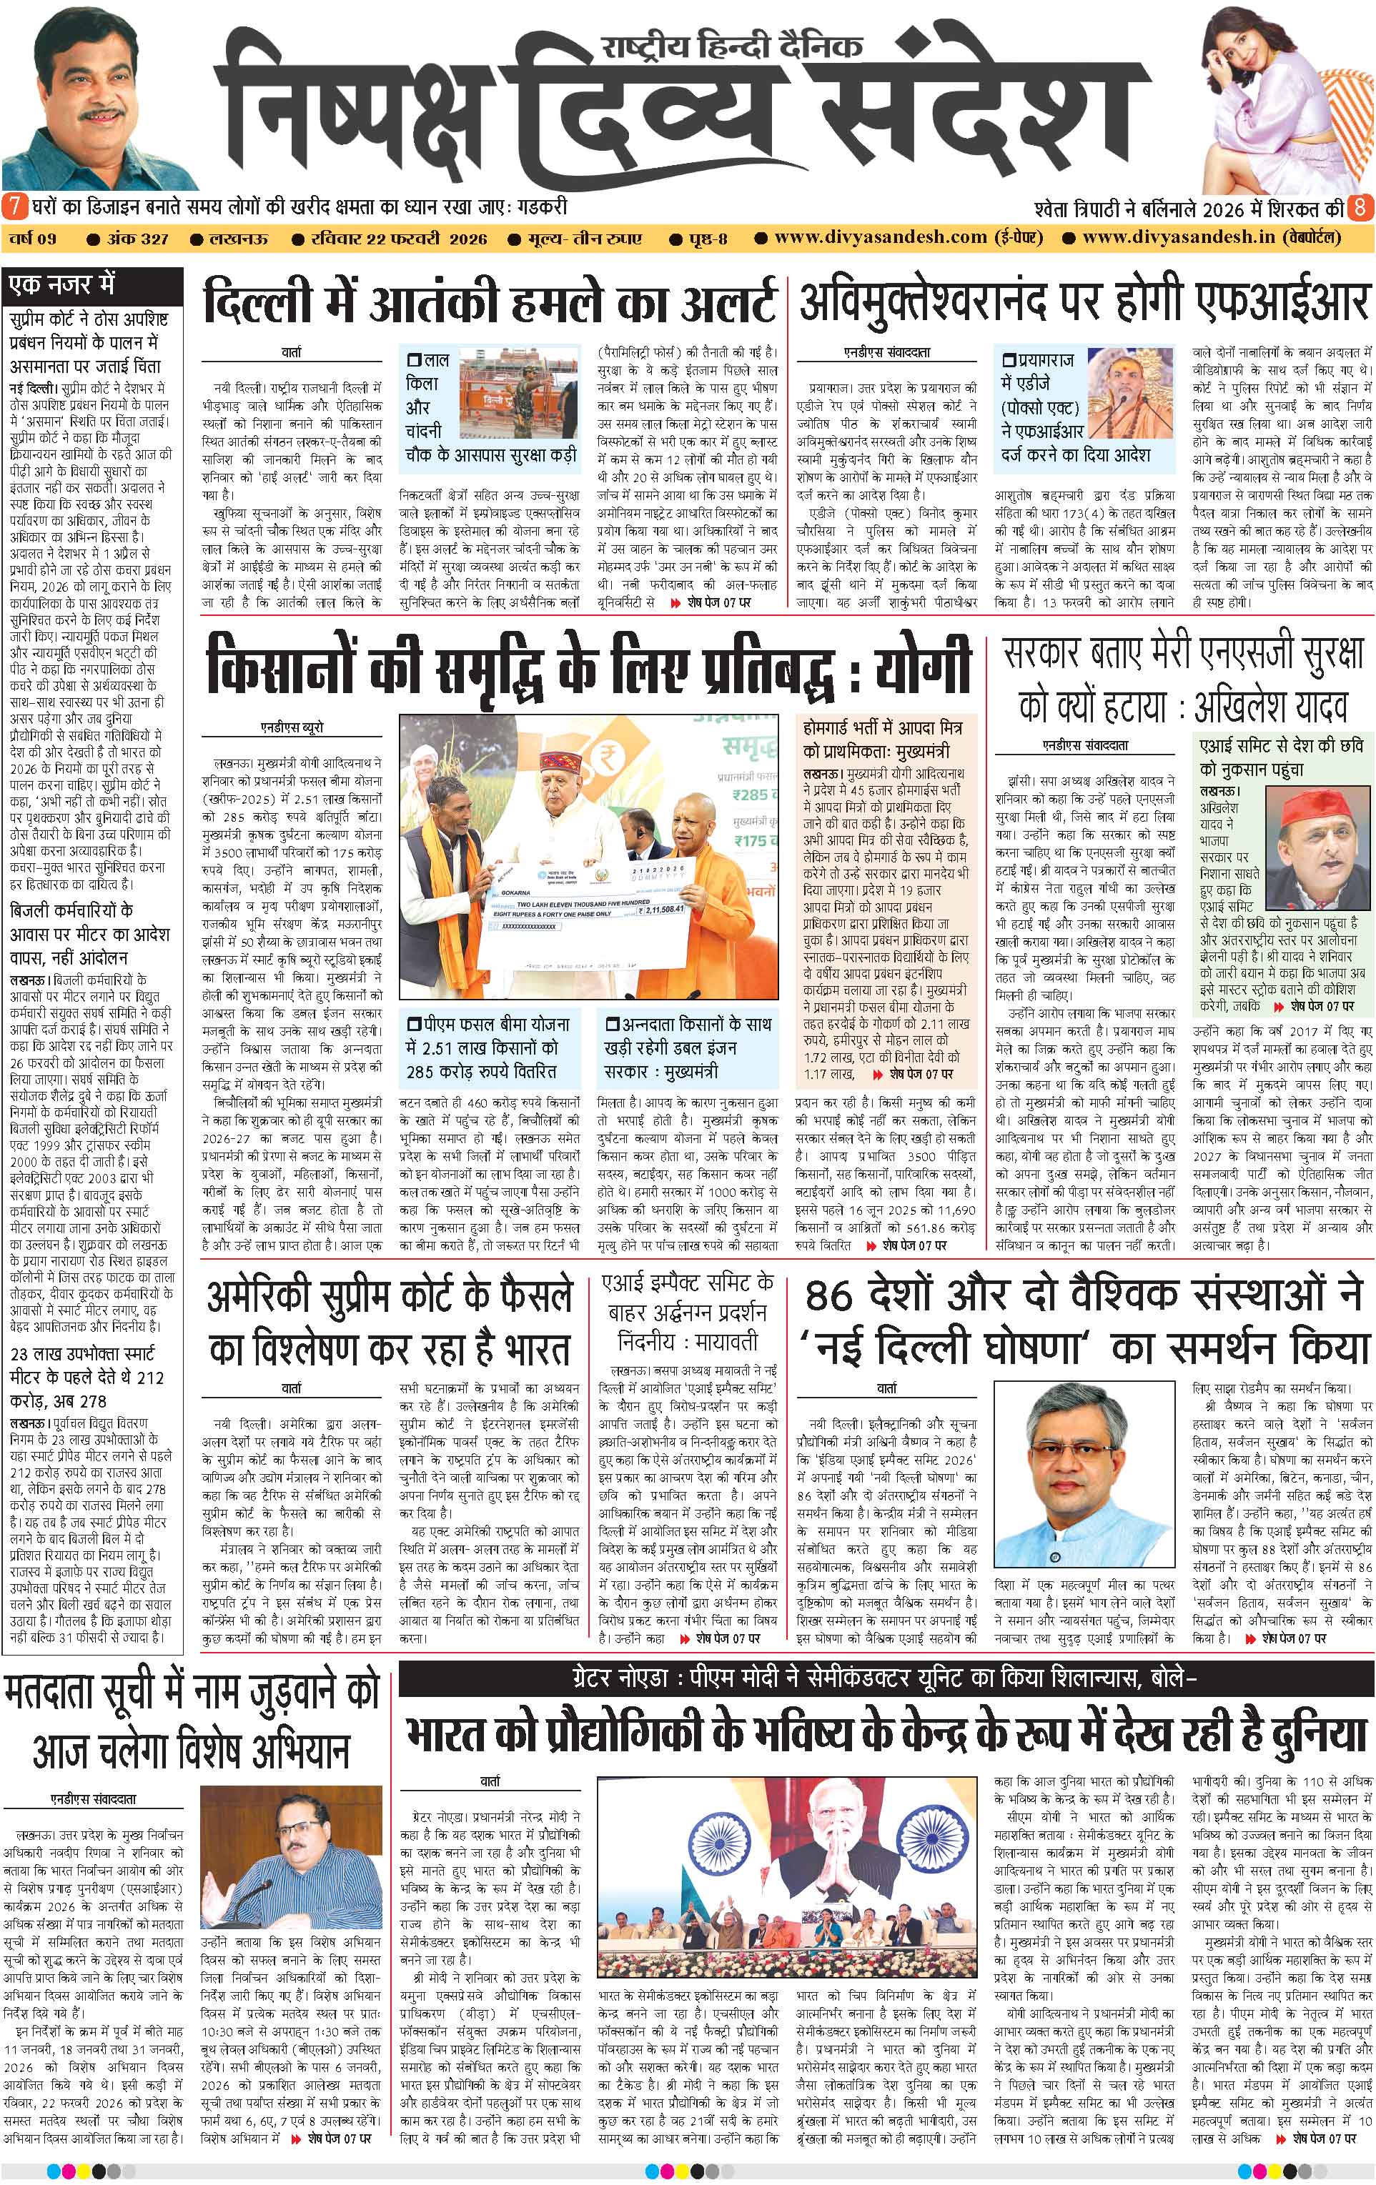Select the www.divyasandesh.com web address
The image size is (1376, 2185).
881,238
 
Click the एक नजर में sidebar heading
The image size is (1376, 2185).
61,285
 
